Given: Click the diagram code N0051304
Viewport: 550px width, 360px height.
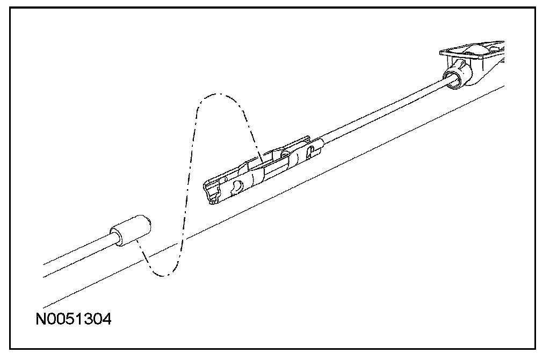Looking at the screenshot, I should pos(74,320).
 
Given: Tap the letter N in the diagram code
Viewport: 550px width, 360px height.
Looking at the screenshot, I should pos(41,320).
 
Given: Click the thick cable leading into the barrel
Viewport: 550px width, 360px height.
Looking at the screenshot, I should pos(75,256).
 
